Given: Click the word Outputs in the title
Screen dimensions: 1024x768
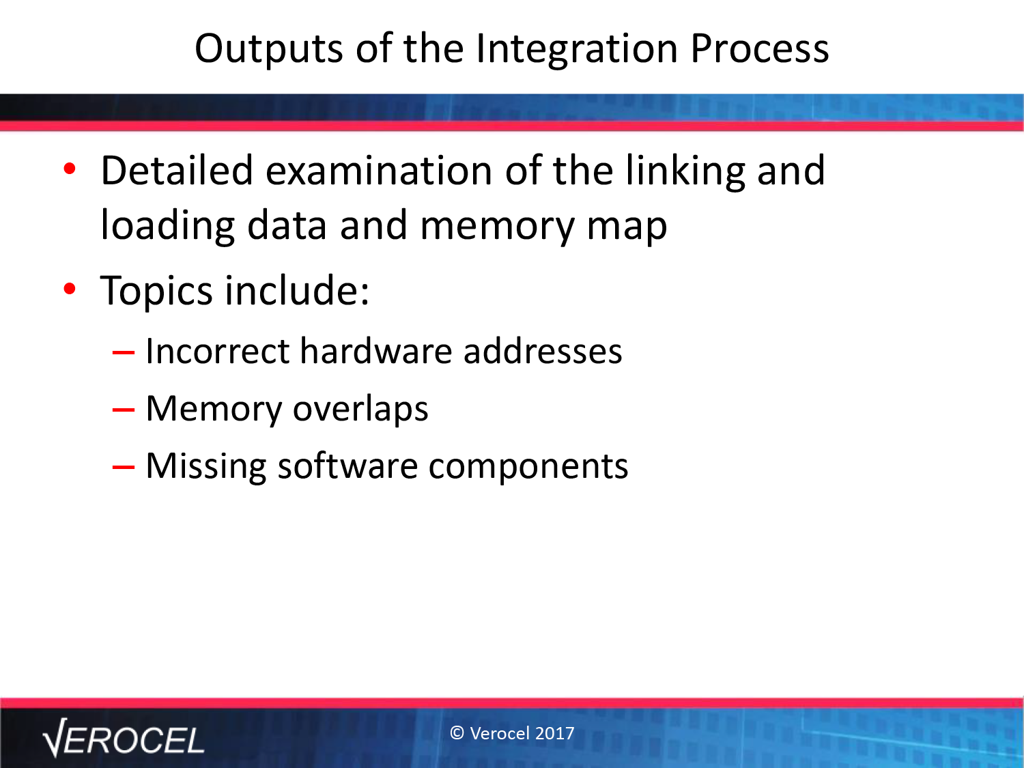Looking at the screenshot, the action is click(269, 49).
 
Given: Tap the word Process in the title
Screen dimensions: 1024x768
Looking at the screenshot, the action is click(760, 49).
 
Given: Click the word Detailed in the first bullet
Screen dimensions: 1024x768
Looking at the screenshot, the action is click(177, 170).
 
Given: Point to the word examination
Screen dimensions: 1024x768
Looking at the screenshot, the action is click(379, 171).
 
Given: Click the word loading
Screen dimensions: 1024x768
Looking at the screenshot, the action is click(167, 226).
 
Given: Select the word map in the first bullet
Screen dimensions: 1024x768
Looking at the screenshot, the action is click(627, 229).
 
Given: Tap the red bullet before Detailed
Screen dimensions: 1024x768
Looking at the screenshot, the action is click(70, 169).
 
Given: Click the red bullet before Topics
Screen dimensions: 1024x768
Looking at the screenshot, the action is click(70, 289).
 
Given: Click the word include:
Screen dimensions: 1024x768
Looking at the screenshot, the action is click(297, 290).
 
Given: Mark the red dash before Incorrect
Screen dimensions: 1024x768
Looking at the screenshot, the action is click(124, 352).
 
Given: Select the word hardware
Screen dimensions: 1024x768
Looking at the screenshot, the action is click(375, 351).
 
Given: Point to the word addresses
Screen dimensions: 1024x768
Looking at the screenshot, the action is click(543, 351).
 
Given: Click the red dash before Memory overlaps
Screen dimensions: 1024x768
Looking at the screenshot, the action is click(124, 410).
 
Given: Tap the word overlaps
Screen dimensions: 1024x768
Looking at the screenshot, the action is click(360, 409).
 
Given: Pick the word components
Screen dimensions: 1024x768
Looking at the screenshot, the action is click(528, 467).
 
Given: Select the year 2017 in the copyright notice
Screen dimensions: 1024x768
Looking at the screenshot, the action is click(554, 733).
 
